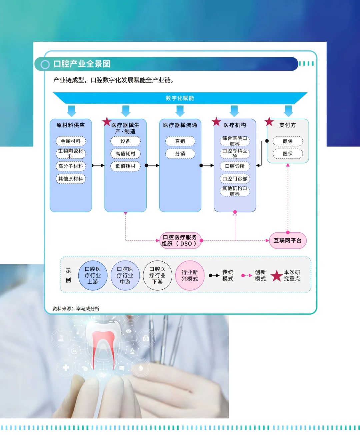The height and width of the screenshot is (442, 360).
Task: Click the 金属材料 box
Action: coord(71,141)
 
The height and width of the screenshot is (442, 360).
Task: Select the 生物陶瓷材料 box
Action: coord(71,153)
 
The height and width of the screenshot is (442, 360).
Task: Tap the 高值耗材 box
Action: coord(125,154)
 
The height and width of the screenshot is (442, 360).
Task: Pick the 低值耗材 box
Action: coord(125,166)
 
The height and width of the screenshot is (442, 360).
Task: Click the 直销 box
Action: coord(180,141)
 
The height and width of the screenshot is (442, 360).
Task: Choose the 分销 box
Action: coord(180,154)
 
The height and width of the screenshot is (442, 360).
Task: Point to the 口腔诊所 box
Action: coord(235,166)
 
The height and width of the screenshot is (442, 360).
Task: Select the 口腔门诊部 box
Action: coord(235,179)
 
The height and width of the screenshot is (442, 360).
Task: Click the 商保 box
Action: coord(288,141)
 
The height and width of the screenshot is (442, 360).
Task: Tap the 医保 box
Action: coord(288,154)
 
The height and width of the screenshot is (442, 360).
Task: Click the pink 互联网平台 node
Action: coord(288,240)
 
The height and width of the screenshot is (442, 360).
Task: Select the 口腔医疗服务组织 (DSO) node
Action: coord(180,240)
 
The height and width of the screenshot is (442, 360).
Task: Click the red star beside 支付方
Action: coord(269,122)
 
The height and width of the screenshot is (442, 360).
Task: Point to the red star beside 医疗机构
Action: coord(216,122)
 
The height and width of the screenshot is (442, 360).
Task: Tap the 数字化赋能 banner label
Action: coord(180,98)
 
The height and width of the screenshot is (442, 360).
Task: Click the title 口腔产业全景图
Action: coord(82,64)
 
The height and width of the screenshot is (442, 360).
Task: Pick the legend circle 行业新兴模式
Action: coord(190,275)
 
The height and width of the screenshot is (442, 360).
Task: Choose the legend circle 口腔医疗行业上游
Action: coord(93,275)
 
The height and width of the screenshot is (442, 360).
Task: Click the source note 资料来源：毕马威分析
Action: coord(76,309)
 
